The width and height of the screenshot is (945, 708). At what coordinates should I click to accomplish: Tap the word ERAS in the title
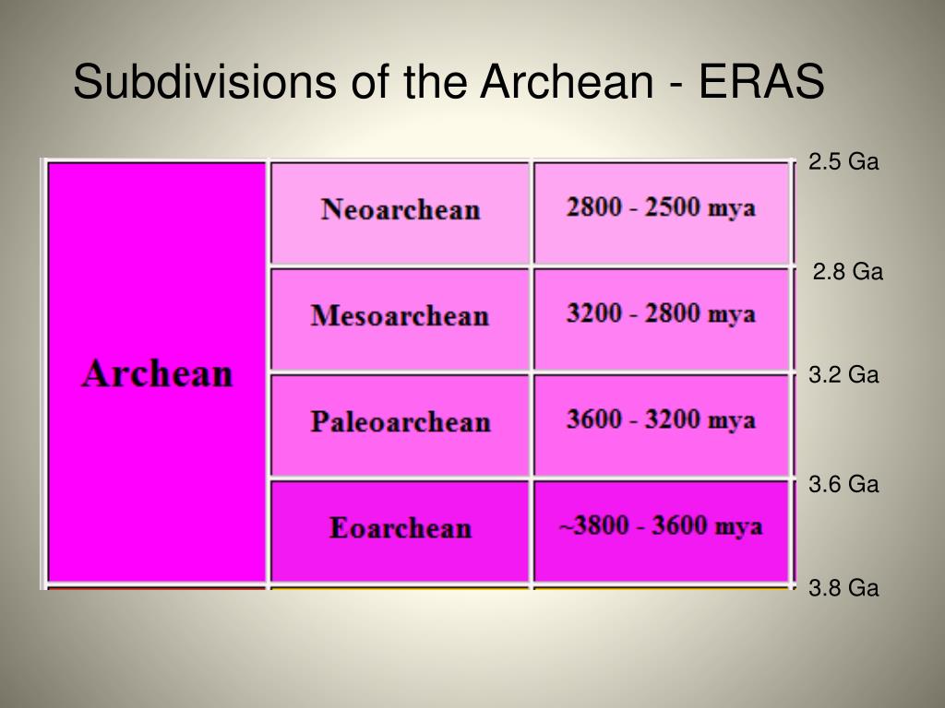coord(760,82)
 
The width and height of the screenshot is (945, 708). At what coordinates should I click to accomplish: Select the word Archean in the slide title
coord(565,82)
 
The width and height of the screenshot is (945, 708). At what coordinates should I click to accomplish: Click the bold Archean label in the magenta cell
coord(157,374)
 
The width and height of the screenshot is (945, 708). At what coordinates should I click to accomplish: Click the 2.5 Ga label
coord(843,162)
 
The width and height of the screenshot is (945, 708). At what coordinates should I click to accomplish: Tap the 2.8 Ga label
coord(847,272)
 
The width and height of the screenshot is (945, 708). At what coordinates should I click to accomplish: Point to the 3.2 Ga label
coord(843,375)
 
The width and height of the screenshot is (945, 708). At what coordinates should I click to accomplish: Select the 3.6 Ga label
coord(843,484)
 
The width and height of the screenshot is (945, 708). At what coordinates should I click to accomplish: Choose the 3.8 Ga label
coord(843,588)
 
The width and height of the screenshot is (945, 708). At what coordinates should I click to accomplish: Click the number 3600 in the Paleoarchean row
coord(593,420)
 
